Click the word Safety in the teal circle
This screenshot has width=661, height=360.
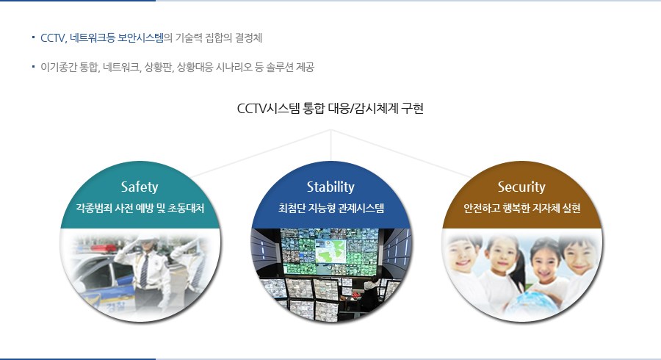(140, 187)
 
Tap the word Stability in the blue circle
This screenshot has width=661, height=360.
(330, 187)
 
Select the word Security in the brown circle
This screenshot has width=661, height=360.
(521, 187)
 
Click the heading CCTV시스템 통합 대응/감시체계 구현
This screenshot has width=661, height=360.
(330, 108)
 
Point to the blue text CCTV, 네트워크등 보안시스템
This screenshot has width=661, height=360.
(102, 38)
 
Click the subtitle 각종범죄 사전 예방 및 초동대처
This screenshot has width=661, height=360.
(140, 208)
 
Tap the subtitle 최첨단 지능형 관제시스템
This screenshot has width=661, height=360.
(331, 208)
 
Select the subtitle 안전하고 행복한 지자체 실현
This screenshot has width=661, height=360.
(522, 208)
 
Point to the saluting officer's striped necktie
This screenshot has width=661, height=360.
(144, 271)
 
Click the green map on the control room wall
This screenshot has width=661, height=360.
(331, 251)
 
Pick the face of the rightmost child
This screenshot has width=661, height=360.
(580, 256)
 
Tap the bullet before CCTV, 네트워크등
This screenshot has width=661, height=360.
(33, 37)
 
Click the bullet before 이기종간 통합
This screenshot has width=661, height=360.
(33, 67)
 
